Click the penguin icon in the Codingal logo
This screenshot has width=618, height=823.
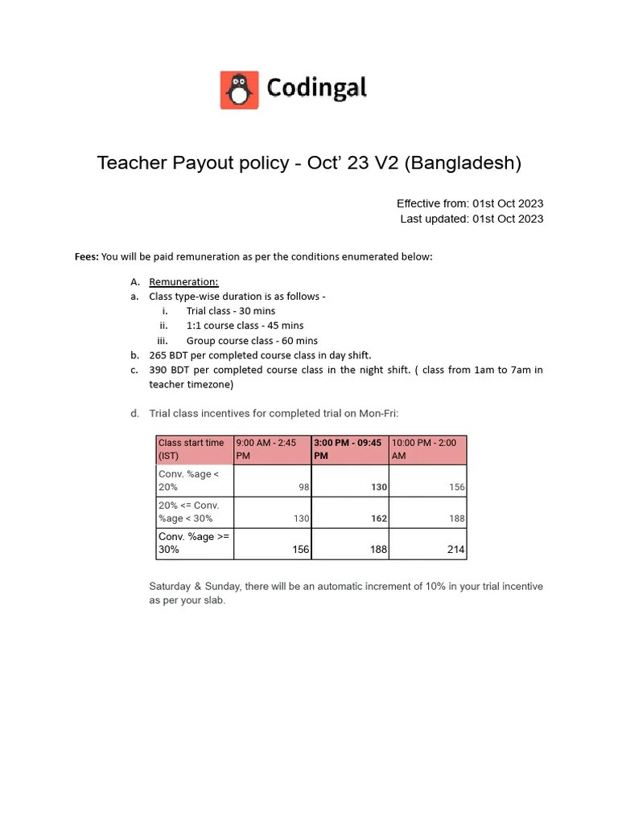pos(239,90)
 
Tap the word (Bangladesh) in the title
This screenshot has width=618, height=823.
pos(463,163)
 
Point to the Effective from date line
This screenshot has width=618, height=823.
pos(470,203)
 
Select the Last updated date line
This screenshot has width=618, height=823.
pos(472,219)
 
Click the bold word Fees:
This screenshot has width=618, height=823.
pos(87,257)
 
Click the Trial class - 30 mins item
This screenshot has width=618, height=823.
pos(230,311)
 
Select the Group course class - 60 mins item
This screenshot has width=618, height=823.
pos(251,341)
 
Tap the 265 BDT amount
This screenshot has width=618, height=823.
pos(167,355)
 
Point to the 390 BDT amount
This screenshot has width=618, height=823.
pos(167,370)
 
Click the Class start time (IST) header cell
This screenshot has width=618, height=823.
pos(193,449)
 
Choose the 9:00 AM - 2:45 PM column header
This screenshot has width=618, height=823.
pos(271,449)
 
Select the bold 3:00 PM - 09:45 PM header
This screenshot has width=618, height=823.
pos(349,449)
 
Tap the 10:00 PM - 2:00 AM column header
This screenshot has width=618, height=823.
pos(426,449)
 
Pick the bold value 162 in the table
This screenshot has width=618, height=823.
pos(378,518)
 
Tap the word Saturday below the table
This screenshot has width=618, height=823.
pos(170,587)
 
